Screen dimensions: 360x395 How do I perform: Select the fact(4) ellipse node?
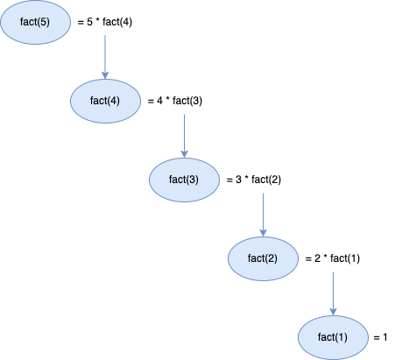coord(105,101)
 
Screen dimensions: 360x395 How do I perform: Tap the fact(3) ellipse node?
coord(184,180)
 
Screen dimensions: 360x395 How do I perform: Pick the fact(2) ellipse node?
coord(263,258)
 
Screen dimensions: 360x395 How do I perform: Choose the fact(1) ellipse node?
coord(333,337)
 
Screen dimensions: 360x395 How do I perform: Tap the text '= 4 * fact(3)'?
coord(176,101)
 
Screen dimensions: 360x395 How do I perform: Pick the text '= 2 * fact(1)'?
coord(332,258)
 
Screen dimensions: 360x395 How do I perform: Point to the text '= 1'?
coord(379,337)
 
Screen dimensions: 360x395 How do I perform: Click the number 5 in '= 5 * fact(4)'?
coord(89,23)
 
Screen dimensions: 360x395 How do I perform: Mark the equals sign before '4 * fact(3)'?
coord(151,101)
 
